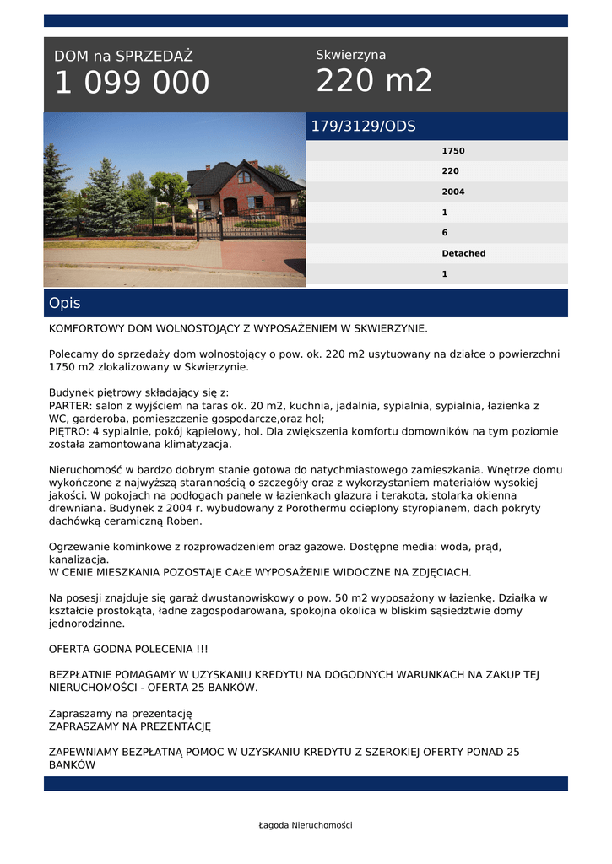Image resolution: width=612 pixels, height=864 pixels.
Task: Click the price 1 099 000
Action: tap(132, 83)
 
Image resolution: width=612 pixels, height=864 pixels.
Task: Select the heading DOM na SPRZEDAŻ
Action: tap(123, 57)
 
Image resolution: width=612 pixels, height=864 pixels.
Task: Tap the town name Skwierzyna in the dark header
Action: tap(350, 55)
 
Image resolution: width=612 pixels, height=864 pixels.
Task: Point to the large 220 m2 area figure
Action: tap(374, 81)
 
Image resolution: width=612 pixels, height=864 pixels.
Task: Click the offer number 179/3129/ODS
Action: tap(364, 127)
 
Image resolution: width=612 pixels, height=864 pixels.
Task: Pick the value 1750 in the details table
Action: tap(453, 151)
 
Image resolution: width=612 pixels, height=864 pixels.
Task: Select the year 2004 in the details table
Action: tap(453, 192)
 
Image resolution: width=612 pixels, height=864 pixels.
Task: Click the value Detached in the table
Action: tap(463, 253)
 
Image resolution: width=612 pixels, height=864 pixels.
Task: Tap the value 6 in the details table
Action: tap(445, 232)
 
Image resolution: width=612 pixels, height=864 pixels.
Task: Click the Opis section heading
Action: tap(65, 303)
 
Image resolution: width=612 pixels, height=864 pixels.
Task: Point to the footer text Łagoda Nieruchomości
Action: tap(306, 825)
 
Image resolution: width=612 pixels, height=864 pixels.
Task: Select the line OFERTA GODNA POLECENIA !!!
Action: tap(128, 649)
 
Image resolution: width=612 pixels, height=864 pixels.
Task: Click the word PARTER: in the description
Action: tap(70, 406)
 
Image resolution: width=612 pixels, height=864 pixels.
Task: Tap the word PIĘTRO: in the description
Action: tap(68, 431)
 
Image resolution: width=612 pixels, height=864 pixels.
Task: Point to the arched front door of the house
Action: tap(230, 207)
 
